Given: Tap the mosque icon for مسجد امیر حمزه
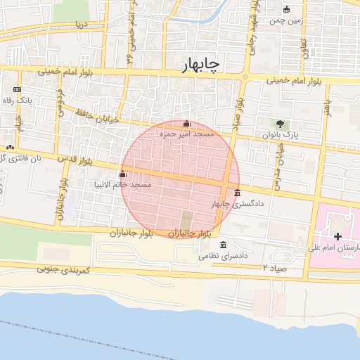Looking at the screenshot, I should pyautogui.click(x=186, y=124).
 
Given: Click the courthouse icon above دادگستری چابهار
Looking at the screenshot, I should pyautogui.click(x=238, y=193).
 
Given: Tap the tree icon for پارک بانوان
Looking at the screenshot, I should pyautogui.click(x=282, y=124).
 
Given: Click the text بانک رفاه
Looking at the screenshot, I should pyautogui.click(x=18, y=100).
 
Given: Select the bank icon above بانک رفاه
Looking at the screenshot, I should pyautogui.click(x=17, y=90).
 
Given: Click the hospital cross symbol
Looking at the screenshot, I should pyautogui.click(x=338, y=236).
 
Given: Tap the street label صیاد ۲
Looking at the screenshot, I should pyautogui.click(x=274, y=268).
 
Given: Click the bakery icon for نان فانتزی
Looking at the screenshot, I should pyautogui.click(x=10, y=147).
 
